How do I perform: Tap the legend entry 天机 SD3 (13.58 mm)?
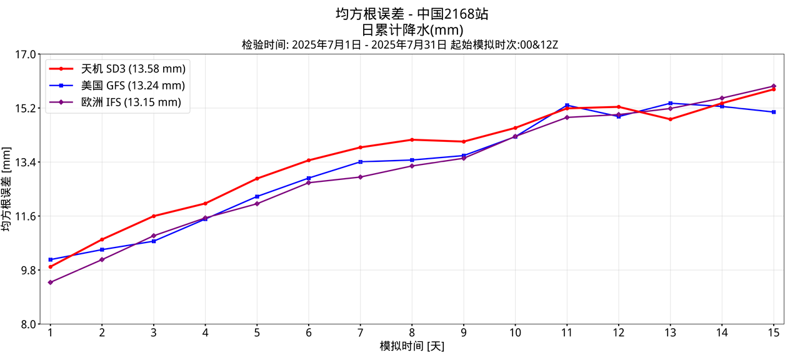(132, 69)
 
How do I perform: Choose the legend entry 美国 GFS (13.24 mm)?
(132, 86)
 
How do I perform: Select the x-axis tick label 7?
(360, 333)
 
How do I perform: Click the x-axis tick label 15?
(773, 333)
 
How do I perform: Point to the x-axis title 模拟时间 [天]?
(412, 346)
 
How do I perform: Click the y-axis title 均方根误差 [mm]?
(7, 189)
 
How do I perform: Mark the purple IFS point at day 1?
(51, 282)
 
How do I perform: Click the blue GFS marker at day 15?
(774, 112)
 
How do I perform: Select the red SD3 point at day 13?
(671, 119)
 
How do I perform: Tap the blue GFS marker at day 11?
(567, 106)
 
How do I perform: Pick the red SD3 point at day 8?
(412, 139)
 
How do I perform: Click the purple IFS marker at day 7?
(360, 177)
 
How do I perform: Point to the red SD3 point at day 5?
(257, 179)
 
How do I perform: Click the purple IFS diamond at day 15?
(774, 86)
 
